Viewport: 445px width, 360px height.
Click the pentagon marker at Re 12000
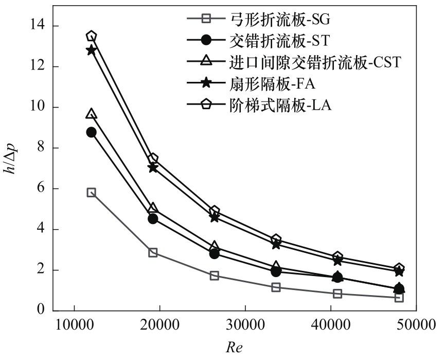(x=92, y=36)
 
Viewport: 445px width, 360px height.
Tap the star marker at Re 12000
(x=92, y=50)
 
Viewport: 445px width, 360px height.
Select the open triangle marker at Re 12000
(x=92, y=114)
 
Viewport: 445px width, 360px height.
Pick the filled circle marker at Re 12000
(x=92, y=132)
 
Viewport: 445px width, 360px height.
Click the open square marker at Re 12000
(x=92, y=193)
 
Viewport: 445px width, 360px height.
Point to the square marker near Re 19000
(x=153, y=252)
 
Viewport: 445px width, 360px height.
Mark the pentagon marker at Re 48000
(x=399, y=268)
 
